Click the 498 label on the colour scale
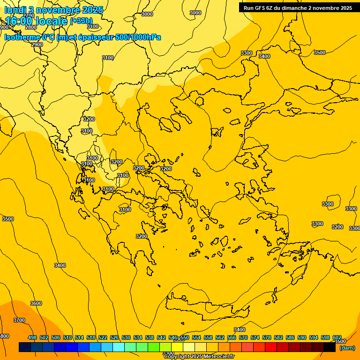(x=32, y=337)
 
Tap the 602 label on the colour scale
(x=337, y=337)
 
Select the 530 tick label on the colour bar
(x=126, y=337)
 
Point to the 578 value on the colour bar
(x=267, y=337)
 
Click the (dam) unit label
(x=347, y=348)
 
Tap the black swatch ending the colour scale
(x=329, y=347)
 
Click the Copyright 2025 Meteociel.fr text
(x=199, y=357)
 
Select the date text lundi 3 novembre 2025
(x=53, y=10)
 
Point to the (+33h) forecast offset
(x=81, y=21)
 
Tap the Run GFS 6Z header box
(x=298, y=8)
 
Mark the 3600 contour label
(x=36, y=303)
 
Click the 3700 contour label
(x=19, y=320)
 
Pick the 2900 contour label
(x=37, y=45)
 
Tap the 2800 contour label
(x=31, y=28)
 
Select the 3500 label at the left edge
(x=8, y=219)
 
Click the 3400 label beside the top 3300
(x=264, y=56)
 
